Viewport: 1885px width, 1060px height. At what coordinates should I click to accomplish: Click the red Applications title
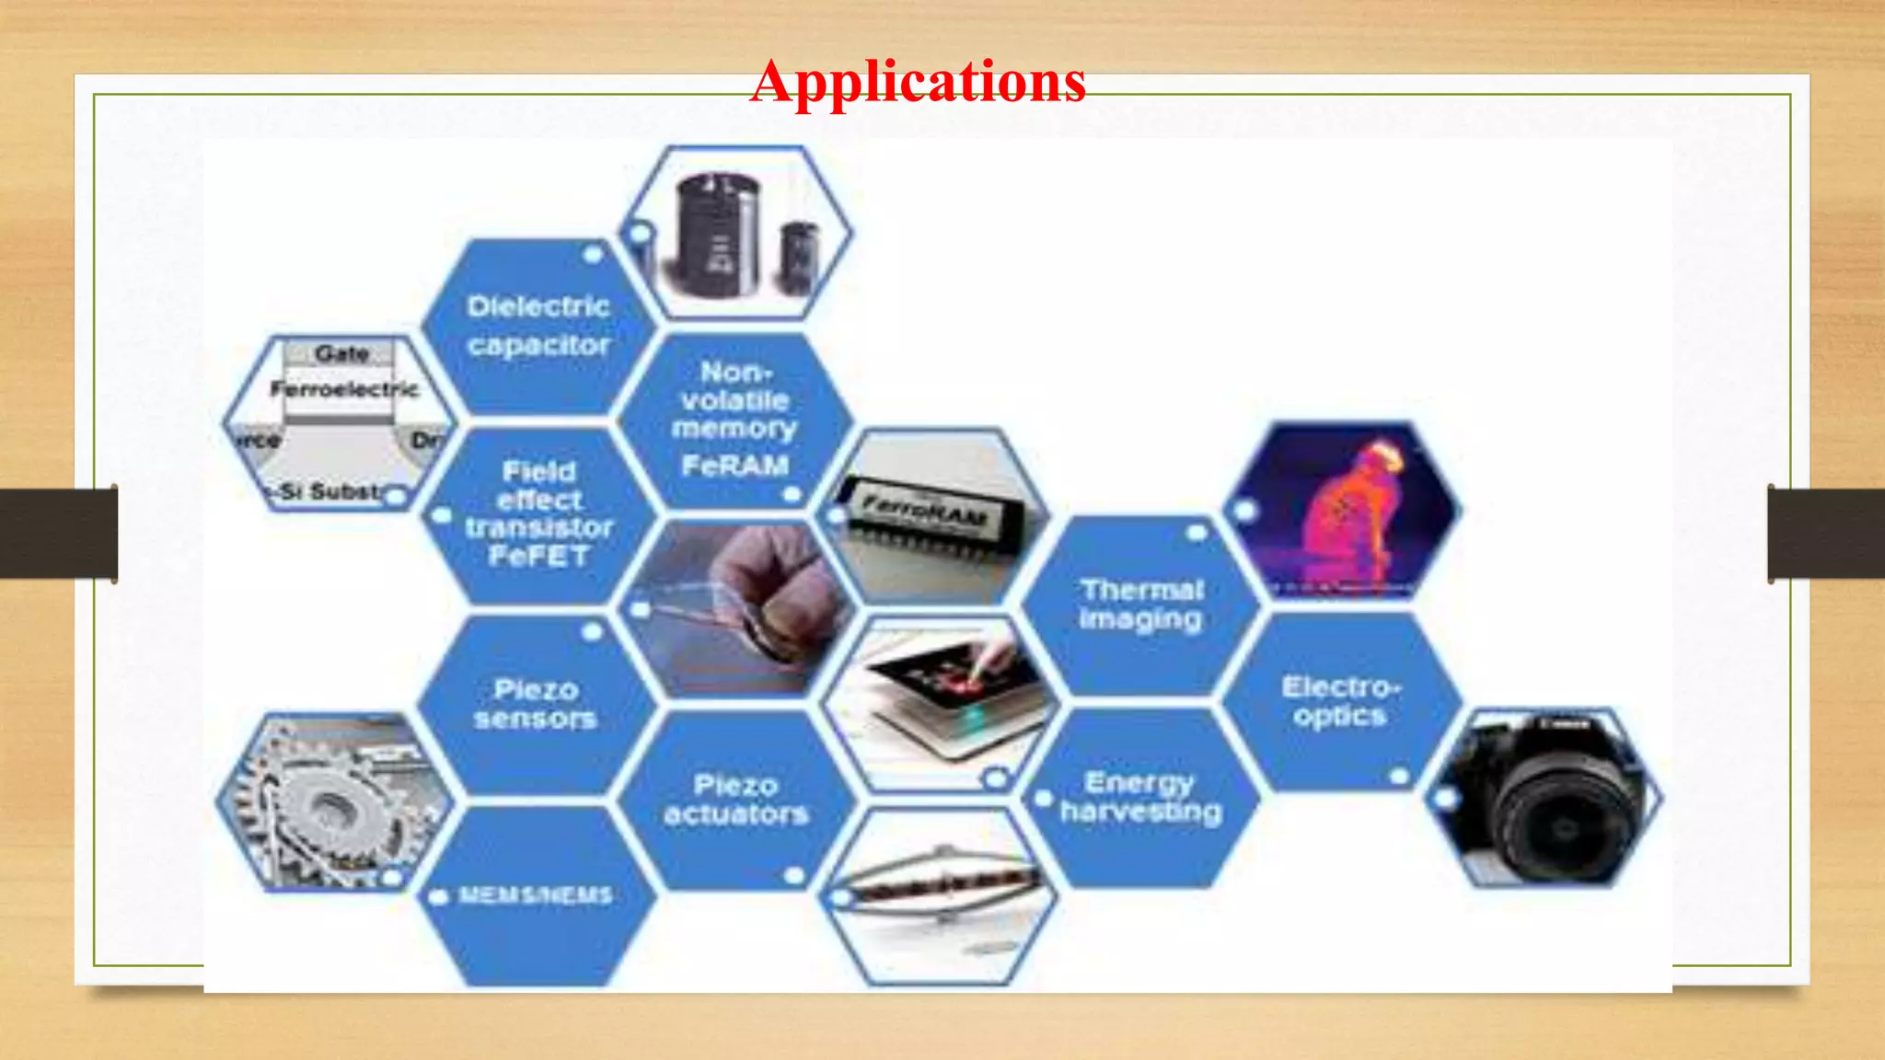[918, 81]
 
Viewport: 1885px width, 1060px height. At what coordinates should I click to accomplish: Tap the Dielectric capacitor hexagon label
[538, 326]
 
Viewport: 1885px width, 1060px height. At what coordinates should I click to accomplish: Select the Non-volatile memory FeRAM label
[734, 419]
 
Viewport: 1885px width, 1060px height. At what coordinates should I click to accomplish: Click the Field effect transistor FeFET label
[538, 513]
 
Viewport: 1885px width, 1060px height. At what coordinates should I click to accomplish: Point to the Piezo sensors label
[536, 704]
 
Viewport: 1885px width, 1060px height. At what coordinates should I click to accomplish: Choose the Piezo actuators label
[735, 799]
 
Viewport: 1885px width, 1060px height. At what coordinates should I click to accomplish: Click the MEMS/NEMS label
[535, 895]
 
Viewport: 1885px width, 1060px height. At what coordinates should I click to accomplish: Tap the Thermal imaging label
[1141, 605]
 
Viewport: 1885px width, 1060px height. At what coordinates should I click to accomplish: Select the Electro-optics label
[1340, 701]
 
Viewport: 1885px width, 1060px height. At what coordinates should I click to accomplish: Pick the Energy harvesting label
[1140, 797]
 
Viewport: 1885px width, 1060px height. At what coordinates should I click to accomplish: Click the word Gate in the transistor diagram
[341, 353]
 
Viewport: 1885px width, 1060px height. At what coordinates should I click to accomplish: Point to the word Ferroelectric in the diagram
[344, 389]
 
